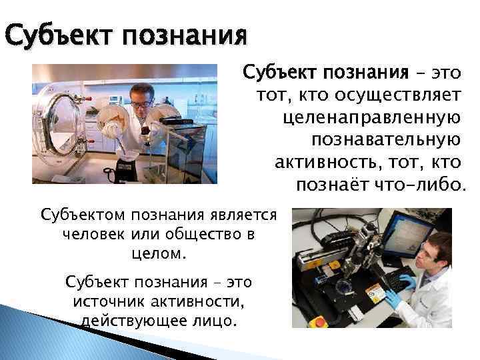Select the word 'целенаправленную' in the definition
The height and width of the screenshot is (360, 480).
coord(371,118)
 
